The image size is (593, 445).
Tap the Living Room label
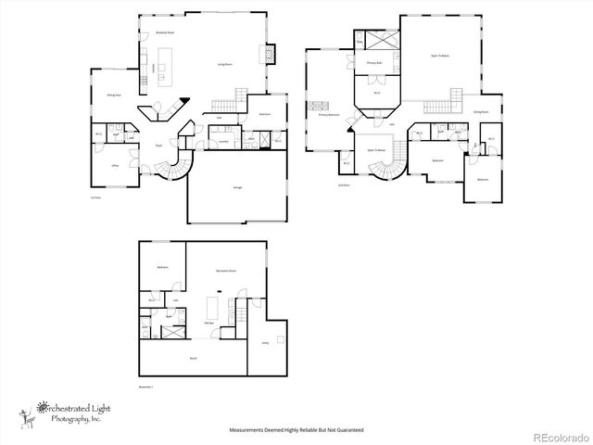click(224, 65)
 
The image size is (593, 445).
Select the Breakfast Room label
click(165, 32)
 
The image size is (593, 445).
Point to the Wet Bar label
click(209, 323)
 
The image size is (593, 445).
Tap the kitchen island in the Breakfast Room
click(167, 68)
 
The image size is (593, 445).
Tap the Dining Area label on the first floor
click(114, 95)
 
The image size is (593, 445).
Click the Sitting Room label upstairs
click(480, 111)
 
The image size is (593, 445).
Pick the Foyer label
click(159, 146)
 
